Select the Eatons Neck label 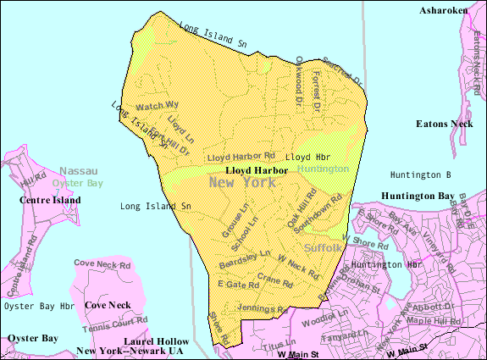[443, 124]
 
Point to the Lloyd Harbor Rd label [242, 156]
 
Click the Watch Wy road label [158, 106]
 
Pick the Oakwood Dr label [299, 80]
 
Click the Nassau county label [79, 170]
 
